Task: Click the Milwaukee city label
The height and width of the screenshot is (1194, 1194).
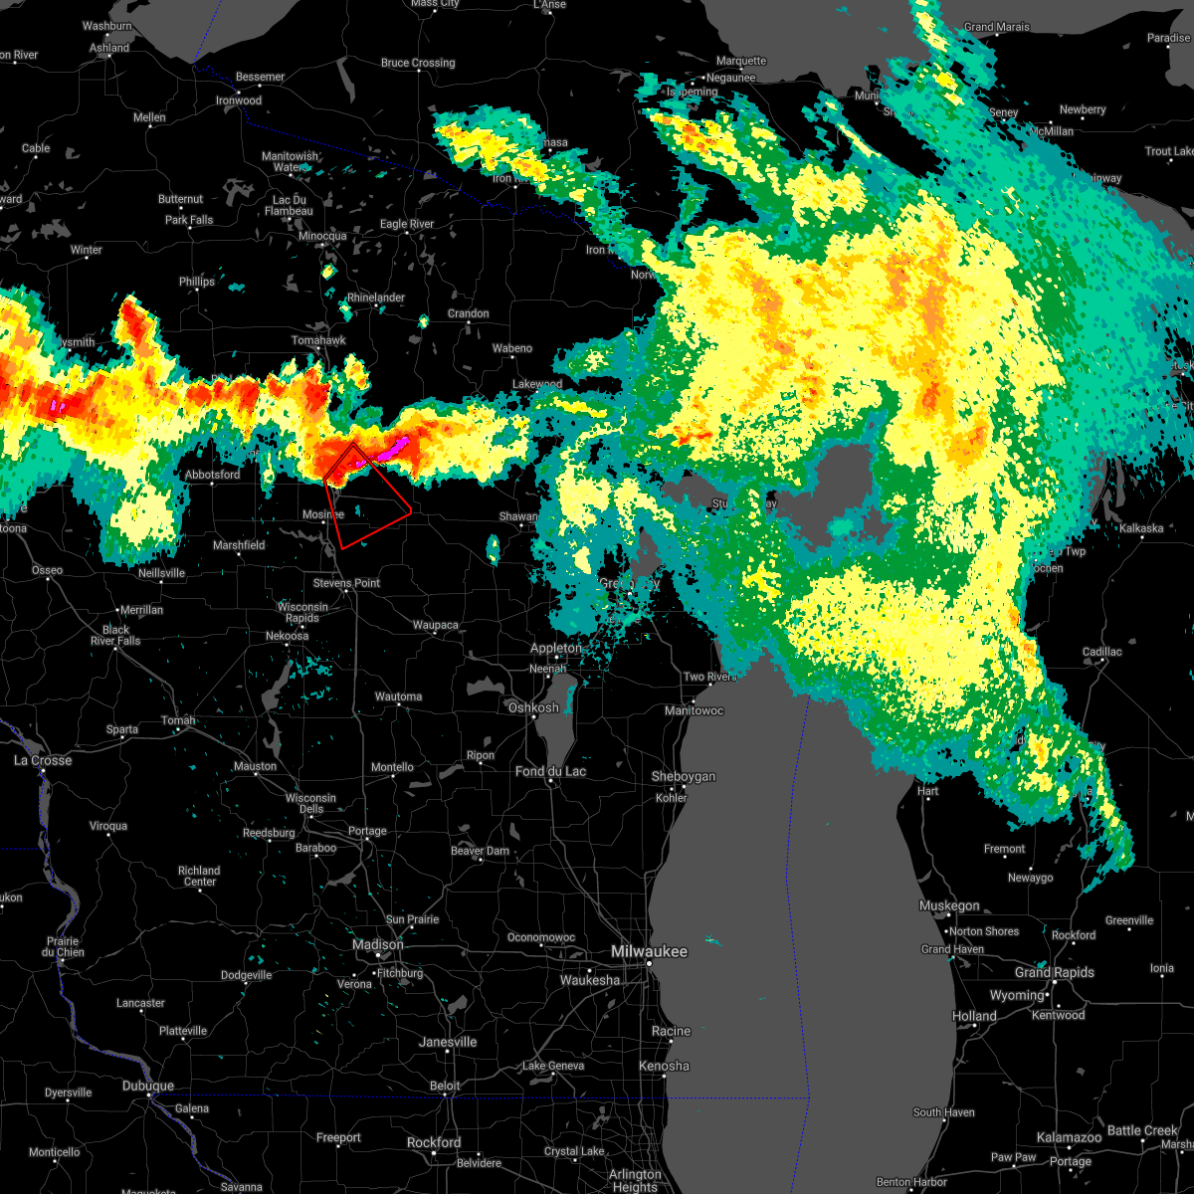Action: tap(649, 952)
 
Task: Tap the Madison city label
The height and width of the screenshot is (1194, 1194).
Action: tap(378, 944)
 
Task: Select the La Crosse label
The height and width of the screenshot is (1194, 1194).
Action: tap(43, 760)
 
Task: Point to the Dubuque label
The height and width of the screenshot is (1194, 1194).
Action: tap(147, 1086)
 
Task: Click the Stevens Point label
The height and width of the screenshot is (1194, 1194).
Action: tap(346, 583)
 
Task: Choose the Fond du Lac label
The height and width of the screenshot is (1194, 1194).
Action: tap(550, 771)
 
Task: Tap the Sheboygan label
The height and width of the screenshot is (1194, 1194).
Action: tap(684, 776)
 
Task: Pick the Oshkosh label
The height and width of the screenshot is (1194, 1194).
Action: tap(533, 707)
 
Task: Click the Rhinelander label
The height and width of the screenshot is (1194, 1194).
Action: tap(376, 298)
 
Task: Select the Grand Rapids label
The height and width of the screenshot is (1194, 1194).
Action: tap(1055, 972)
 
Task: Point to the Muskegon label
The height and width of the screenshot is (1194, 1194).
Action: tap(949, 905)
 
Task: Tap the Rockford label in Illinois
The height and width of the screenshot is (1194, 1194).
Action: tap(434, 1142)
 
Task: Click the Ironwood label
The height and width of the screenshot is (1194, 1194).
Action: tap(239, 100)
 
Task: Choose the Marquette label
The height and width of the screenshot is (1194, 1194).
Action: tap(741, 62)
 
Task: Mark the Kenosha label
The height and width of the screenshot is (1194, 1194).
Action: tap(664, 1066)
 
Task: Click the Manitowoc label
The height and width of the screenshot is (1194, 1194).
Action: tap(694, 710)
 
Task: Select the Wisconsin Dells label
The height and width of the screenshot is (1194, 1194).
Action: tap(310, 804)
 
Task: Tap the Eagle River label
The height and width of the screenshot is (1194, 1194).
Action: tap(407, 224)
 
